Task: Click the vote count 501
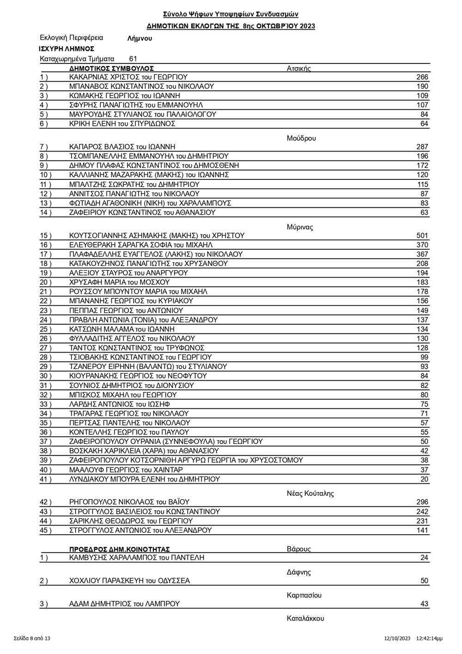pyautogui.click(x=422, y=235)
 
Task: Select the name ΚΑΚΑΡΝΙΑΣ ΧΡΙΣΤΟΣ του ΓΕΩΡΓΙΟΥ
pyautogui.click(x=128, y=77)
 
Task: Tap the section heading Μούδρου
pyautogui.click(x=301, y=138)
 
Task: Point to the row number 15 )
pyautogui.click(x=46, y=235)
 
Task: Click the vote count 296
pyautogui.click(x=422, y=502)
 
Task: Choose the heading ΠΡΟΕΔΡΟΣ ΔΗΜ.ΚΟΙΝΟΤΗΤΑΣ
pyautogui.click(x=119, y=549)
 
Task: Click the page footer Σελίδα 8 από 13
pyautogui.click(x=32, y=638)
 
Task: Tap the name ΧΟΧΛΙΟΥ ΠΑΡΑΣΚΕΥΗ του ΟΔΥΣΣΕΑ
pyautogui.click(x=129, y=581)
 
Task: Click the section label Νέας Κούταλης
pyautogui.click(x=310, y=493)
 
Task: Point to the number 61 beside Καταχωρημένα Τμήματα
pyautogui.click(x=133, y=59)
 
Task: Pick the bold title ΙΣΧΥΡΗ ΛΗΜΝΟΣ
pyautogui.click(x=67, y=49)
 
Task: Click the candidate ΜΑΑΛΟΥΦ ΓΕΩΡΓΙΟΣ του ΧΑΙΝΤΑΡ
pyautogui.click(x=126, y=469)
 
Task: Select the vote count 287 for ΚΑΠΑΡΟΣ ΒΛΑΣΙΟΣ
pyautogui.click(x=422, y=147)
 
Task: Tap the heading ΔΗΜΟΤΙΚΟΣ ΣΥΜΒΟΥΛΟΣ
pyautogui.click(x=111, y=68)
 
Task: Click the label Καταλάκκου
pyautogui.click(x=305, y=618)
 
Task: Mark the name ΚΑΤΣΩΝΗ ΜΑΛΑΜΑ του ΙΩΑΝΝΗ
pyautogui.click(x=122, y=329)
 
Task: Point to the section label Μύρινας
pyautogui.click(x=300, y=227)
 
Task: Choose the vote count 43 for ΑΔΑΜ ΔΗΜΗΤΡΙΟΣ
pyautogui.click(x=424, y=604)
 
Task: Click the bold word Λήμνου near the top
pyautogui.click(x=140, y=39)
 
